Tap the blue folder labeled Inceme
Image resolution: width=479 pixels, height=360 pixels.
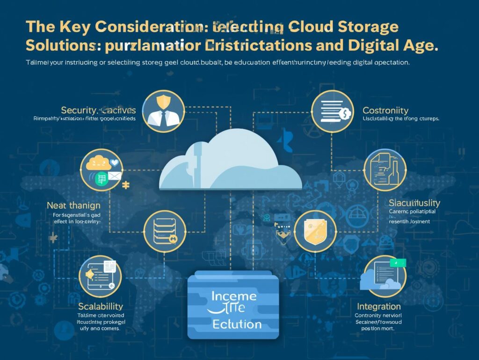[x=233, y=305]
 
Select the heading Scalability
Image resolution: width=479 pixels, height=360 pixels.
[x=101, y=306]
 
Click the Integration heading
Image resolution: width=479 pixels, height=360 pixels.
[x=379, y=307]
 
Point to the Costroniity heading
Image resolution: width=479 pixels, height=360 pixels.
[x=385, y=111]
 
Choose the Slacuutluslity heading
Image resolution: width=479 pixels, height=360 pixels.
[x=414, y=203]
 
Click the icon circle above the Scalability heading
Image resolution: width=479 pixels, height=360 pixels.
[x=101, y=276]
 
